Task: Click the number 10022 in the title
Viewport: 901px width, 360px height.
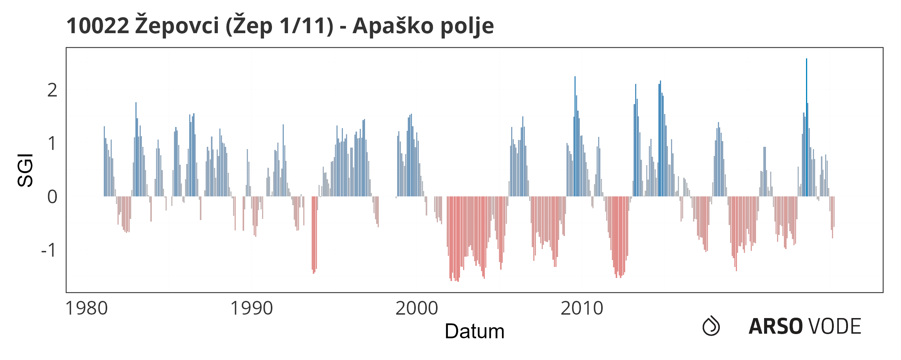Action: pos(98,26)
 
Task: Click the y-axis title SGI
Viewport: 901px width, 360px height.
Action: pos(26,170)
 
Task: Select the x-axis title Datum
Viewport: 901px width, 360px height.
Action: pos(475,331)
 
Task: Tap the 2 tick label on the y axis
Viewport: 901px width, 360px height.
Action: pos(52,90)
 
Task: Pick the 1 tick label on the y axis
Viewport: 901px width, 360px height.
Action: pos(52,144)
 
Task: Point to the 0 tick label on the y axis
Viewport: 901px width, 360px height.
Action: pos(52,197)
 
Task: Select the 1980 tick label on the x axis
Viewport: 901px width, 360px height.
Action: pos(87,308)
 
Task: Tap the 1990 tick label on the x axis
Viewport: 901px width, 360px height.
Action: pos(252,308)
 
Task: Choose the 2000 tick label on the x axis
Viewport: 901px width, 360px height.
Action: pos(417,308)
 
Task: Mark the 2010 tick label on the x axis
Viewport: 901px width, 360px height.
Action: pos(582,308)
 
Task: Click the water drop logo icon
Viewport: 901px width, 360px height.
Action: pos(711,326)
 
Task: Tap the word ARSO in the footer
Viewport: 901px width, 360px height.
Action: pos(776,326)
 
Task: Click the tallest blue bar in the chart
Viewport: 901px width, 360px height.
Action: pos(806,127)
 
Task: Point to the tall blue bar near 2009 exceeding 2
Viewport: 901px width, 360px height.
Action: pos(575,137)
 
